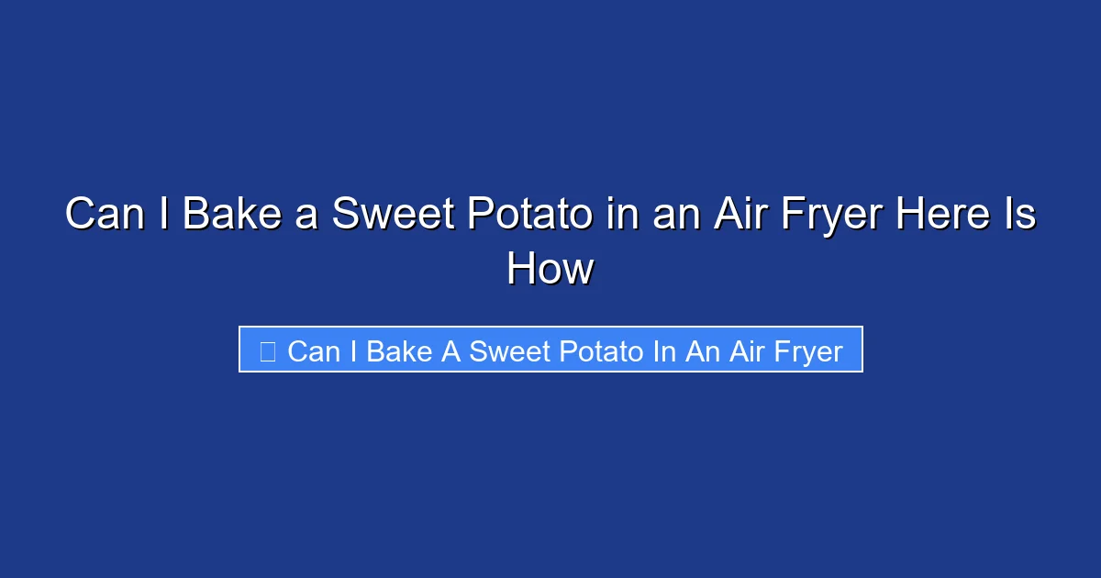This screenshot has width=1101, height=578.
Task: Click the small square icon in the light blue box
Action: [x=268, y=351]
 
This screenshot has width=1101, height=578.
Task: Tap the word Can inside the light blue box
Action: [x=313, y=351]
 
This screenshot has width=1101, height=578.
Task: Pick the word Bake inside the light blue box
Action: [x=399, y=351]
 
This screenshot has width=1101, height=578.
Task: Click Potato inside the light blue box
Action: [x=602, y=351]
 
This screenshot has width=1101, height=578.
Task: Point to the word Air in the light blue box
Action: [x=748, y=351]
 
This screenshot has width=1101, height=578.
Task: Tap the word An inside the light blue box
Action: [x=702, y=351]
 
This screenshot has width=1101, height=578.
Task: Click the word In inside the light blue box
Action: [x=664, y=351]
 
